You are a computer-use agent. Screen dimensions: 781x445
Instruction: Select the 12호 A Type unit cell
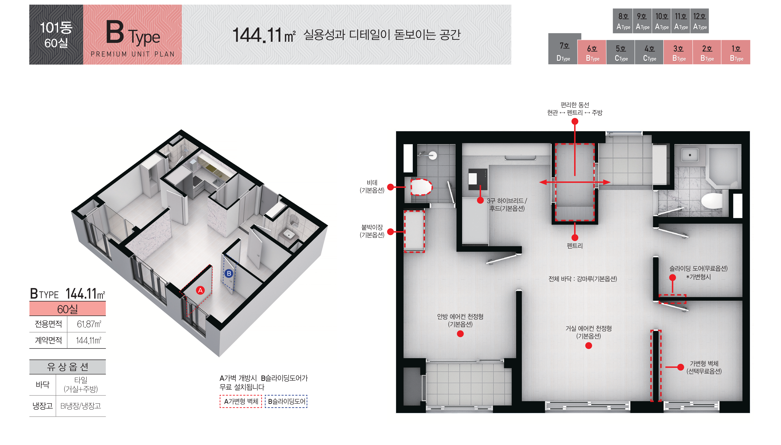tap(699, 21)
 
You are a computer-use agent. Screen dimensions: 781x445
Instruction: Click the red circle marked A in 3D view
tap(200, 290)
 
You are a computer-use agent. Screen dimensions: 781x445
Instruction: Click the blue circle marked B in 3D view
tap(229, 273)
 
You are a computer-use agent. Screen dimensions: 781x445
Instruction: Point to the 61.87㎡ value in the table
tap(89, 324)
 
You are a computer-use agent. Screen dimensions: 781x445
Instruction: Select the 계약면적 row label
tap(48, 340)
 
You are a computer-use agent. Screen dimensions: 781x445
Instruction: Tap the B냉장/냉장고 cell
tap(81, 406)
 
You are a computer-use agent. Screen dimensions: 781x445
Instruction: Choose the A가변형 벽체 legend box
tap(241, 401)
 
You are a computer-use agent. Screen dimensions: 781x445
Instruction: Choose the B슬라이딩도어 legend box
tap(286, 401)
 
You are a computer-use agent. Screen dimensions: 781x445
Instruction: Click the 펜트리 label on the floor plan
tap(575, 246)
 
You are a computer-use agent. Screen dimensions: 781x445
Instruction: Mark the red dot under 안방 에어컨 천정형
tap(460, 334)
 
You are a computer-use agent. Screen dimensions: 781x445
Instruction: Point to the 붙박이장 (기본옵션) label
tap(372, 231)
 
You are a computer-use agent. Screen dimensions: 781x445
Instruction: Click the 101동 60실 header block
tap(56, 35)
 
